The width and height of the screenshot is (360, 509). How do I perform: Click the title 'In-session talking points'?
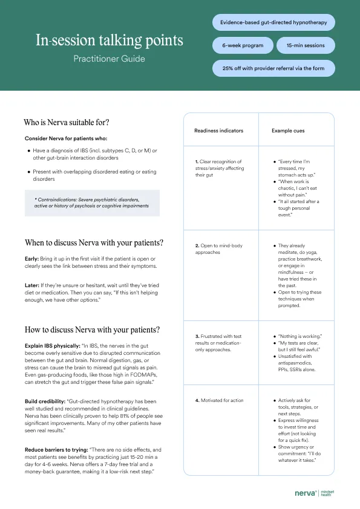(x=109, y=41)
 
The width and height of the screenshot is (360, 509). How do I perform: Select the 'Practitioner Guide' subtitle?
(x=109, y=59)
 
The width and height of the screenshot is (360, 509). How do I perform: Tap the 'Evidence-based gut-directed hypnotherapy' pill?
(x=273, y=23)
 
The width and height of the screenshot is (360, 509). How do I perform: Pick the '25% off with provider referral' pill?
(x=273, y=68)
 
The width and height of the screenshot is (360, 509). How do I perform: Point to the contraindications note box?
(x=92, y=203)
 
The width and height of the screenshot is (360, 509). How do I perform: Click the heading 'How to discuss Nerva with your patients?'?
(x=92, y=330)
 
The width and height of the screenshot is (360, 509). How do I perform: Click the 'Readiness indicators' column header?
(x=218, y=131)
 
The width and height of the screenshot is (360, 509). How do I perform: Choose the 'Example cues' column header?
(x=288, y=131)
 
